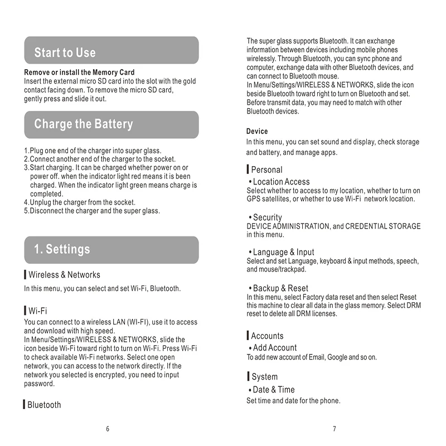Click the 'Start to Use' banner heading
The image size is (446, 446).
[65, 53]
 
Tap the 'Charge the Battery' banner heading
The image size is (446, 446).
[84, 124]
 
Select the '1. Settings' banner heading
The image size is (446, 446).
[62, 249]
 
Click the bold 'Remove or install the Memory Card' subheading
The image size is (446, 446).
[79, 72]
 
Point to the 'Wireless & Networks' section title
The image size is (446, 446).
[64, 275]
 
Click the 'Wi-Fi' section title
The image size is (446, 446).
[37, 311]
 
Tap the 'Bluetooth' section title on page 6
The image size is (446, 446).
[44, 405]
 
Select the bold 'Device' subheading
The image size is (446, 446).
[257, 131]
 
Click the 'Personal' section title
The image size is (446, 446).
[266, 170]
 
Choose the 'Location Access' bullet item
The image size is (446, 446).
[281, 182]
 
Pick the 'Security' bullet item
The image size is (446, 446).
[267, 217]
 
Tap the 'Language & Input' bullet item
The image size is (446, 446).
[283, 253]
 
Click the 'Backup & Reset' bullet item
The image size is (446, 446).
[280, 288]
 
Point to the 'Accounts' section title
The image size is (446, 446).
[267, 336]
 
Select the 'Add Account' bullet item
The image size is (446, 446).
[274, 348]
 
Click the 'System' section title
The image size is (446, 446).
[264, 377]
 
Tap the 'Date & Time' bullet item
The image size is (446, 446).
[273, 390]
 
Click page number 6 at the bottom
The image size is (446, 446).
[108, 429]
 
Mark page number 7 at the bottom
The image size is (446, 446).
[334, 429]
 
